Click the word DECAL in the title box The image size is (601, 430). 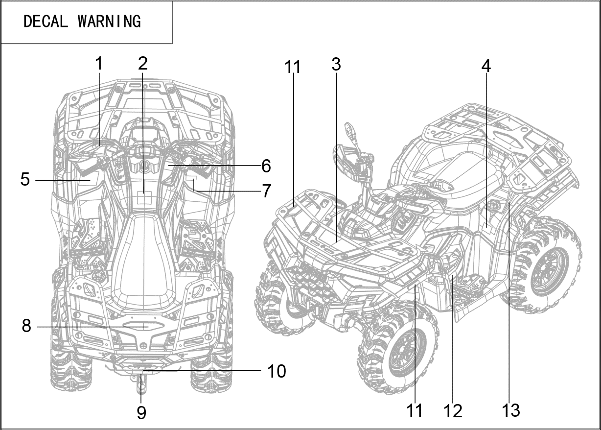tap(46, 22)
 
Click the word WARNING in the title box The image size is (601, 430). tap(109, 22)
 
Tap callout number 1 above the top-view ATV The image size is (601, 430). tap(99, 64)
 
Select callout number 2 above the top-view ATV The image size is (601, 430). tap(142, 64)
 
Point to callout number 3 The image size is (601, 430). tap(336, 64)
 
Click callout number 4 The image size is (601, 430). tap(485, 67)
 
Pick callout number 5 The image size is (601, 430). tap(25, 179)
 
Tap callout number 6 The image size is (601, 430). tap(266, 166)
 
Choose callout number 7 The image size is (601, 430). tap(266, 191)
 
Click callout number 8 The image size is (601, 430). tap(26, 326)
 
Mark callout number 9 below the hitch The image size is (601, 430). tap(141, 413)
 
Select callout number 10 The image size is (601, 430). tap(276, 371)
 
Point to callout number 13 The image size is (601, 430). tap(510, 410)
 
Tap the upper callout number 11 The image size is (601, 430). tap(293, 67)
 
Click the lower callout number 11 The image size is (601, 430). tap(415, 410)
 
